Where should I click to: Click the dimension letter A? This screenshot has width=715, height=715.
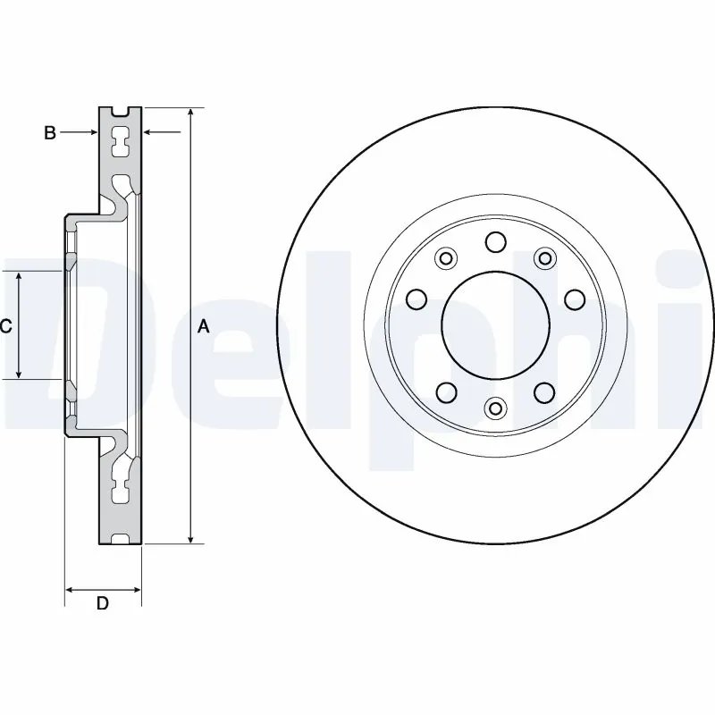[203, 328]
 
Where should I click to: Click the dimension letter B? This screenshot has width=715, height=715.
[51, 133]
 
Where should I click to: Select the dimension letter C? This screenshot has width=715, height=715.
[5, 327]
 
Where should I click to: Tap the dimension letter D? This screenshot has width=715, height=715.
[103, 604]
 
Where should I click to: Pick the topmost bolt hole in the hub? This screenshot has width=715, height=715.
[494, 241]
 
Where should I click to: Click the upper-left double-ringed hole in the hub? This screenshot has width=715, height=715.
[444, 258]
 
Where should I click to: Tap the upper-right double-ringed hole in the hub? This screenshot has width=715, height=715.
[543, 258]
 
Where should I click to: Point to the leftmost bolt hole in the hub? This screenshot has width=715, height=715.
[416, 298]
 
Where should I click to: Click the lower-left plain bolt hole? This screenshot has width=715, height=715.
[446, 391]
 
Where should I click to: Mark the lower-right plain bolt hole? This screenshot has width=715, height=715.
[543, 391]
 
